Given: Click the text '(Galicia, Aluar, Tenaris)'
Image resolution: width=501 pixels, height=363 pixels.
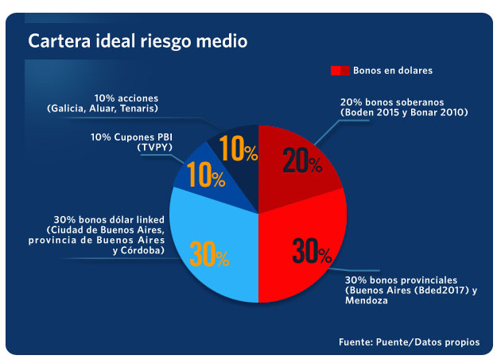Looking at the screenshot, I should pos(103,108).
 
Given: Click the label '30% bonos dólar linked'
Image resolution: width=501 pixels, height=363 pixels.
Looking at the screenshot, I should pos(110,219).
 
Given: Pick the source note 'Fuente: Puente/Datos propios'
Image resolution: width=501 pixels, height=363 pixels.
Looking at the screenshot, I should pos(409,342).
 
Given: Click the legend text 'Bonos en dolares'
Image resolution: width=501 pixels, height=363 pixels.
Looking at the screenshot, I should pos(393,71).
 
